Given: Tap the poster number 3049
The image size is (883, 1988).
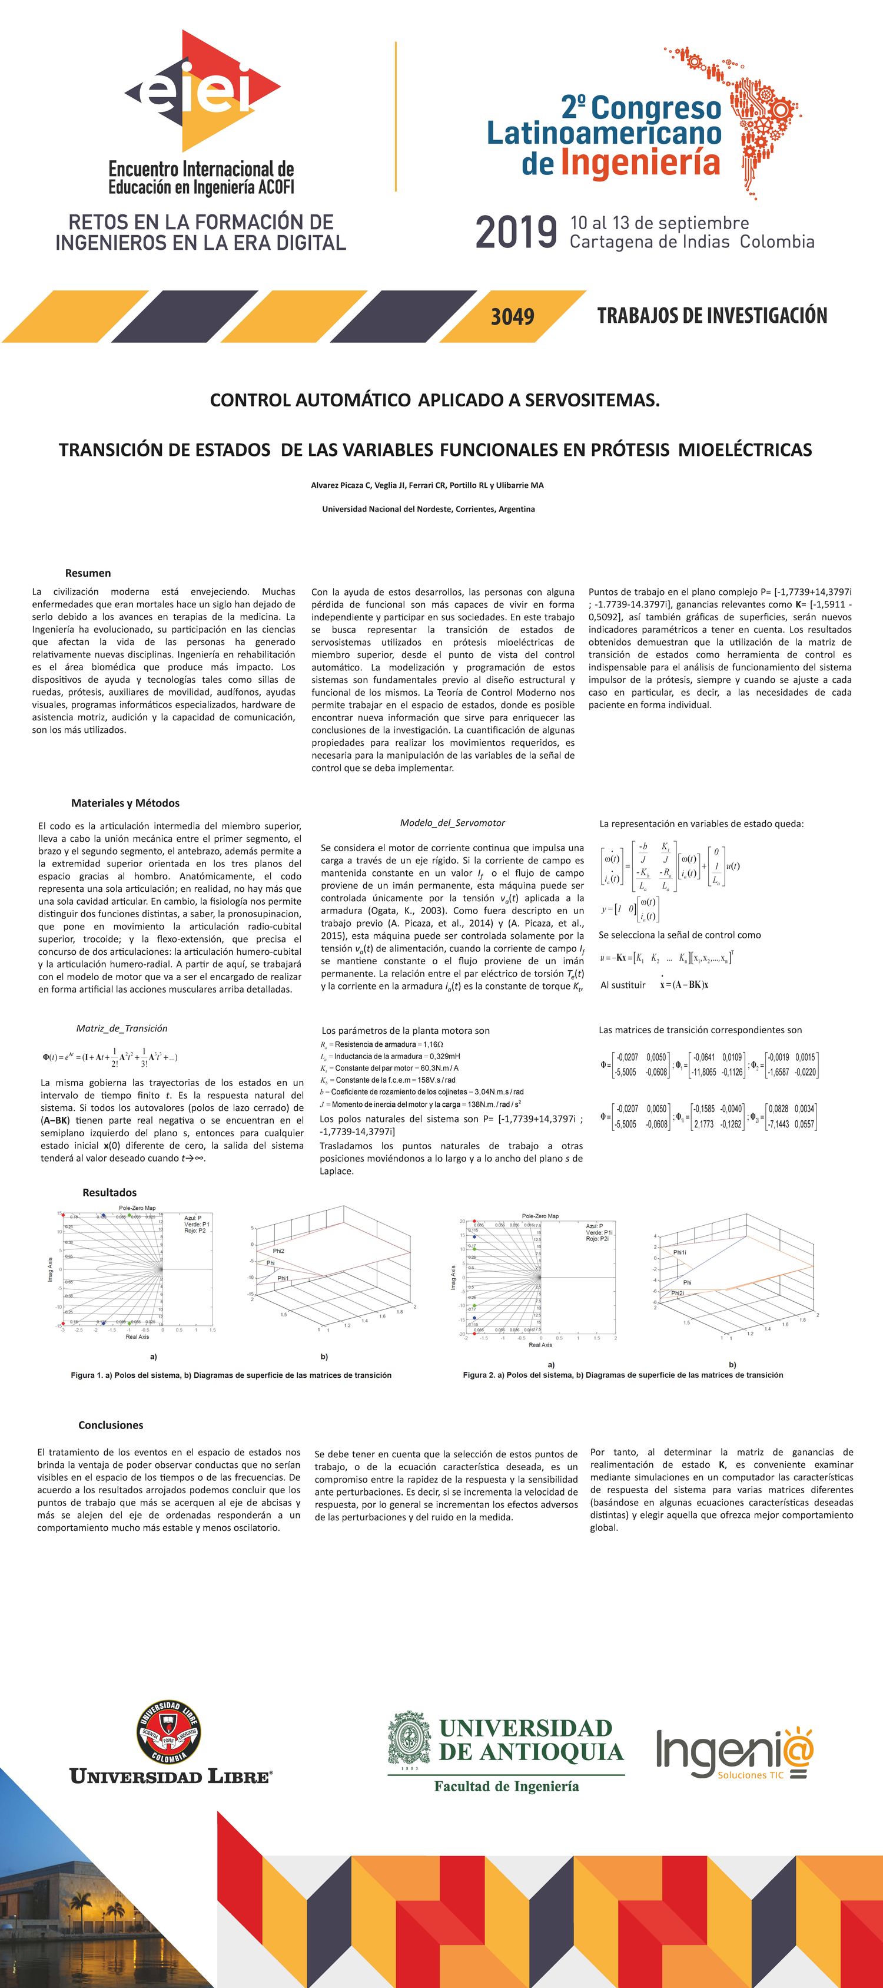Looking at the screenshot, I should pos(513,316).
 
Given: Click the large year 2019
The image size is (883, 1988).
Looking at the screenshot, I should pos(516,232).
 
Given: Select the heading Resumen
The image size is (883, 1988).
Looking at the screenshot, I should pos(88,573).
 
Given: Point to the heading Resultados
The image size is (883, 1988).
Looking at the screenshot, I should pos(109,1192).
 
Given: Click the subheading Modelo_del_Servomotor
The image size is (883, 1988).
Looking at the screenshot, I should pos(452,823).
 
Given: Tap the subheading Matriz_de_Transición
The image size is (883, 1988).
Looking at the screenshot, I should pos(121,1028).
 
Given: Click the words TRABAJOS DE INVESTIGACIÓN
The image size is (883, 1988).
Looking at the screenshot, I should pos(712,316).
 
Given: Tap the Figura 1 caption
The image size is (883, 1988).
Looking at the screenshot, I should pos(231,1375).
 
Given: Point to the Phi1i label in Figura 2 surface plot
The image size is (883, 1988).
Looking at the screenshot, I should pos(679,1252).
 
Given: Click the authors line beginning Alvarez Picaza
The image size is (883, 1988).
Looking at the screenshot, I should pos(427,485).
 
